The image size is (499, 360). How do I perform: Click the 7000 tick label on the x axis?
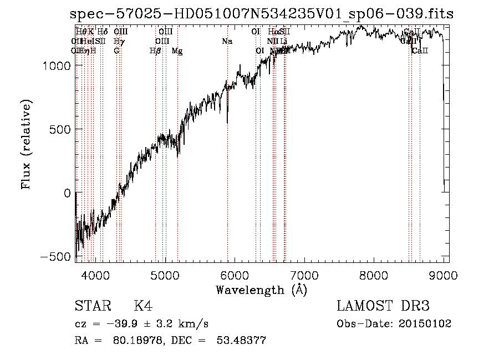coord(304,275)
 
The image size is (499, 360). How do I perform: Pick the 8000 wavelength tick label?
coord(374,275)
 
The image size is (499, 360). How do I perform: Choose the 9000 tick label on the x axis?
coord(444,275)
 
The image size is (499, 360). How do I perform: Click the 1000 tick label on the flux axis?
coord(55,65)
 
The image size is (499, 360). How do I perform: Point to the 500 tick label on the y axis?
coord(59,129)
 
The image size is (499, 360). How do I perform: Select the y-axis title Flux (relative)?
coord(27,144)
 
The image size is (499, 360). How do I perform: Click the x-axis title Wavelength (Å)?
coord(261,290)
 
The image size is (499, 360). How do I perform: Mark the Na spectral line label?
coord(227,42)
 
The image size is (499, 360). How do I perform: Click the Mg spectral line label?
coord(177,51)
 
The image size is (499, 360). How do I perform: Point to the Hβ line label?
coord(155,51)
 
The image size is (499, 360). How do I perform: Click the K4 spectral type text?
coord(143,306)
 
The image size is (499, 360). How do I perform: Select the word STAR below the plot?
coord(92,306)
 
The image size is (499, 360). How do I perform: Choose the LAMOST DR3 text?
coord(383,306)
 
